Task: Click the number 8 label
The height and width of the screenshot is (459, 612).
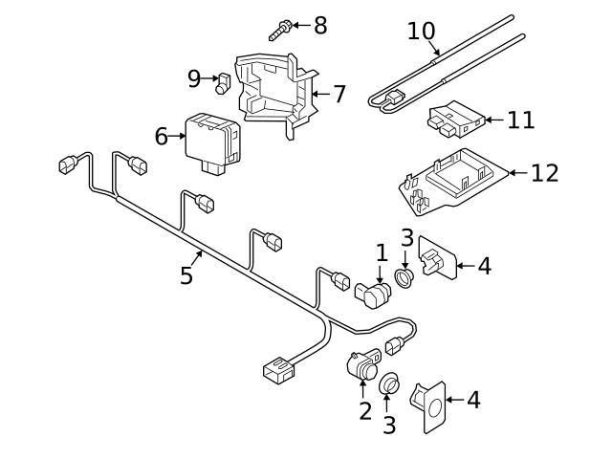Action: coord(319,26)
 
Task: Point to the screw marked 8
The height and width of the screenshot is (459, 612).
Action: coord(278,28)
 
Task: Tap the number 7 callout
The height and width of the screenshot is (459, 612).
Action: coord(339,95)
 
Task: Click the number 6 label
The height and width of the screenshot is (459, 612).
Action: coord(162,137)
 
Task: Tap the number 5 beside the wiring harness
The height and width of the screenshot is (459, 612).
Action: coord(186,276)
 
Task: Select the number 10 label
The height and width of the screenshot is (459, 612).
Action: coord(421,32)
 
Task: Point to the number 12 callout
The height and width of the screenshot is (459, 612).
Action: coord(544,173)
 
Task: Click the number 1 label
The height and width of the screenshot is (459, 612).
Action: coord(382,253)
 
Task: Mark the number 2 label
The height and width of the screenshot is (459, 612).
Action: coord(364,412)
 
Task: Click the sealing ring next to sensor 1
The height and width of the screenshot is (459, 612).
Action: coord(405,278)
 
